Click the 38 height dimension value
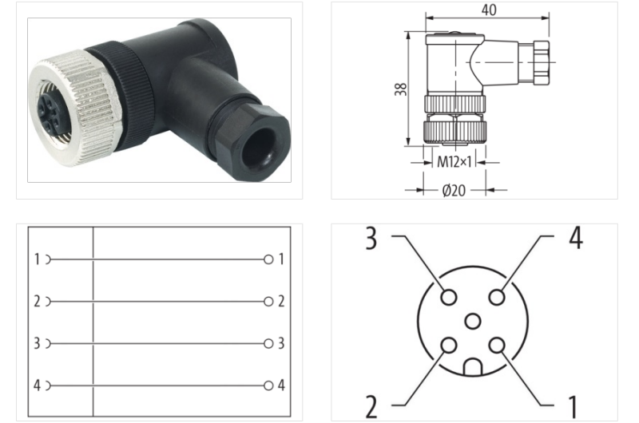403,89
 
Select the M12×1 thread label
454,162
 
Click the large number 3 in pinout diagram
371,239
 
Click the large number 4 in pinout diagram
575,239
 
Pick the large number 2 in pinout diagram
371,406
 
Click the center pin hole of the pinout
473,322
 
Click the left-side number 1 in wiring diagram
37,259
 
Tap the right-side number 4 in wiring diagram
281,385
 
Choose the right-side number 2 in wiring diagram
281,302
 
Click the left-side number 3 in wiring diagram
37,343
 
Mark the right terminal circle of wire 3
268,343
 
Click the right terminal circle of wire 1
268,259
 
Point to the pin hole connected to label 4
497,297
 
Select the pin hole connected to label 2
449,346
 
